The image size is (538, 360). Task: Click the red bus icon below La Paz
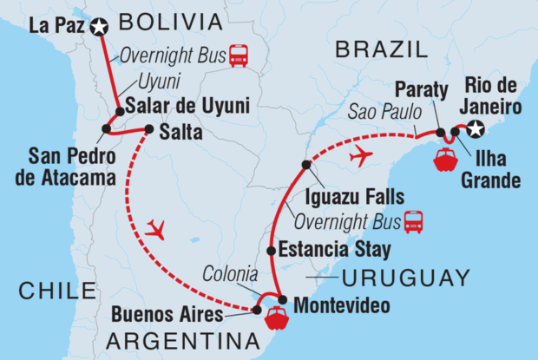click(236, 55)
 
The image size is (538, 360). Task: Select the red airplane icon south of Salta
click(156, 228)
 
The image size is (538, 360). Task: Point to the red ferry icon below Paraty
click(444, 161)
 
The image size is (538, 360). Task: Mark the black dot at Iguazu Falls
click(305, 164)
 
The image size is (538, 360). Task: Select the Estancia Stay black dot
click(271, 251)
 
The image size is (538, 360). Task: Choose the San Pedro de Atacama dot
click(105, 130)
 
